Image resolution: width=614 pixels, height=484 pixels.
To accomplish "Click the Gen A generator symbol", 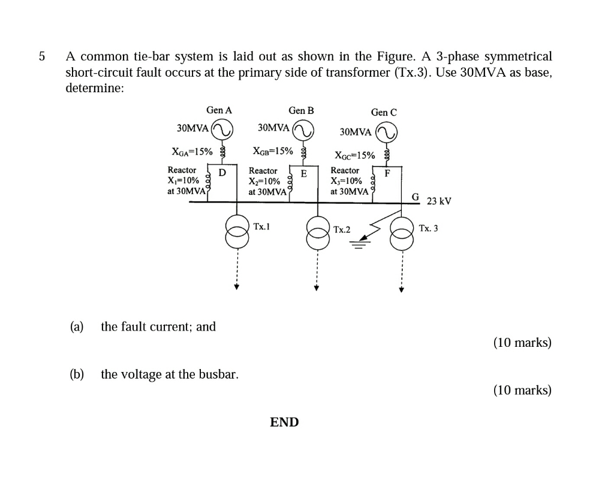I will pos(222,129).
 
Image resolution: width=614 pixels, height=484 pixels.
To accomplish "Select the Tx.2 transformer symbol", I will pos(317,232).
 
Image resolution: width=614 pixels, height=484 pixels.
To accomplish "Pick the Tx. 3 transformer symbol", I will pos(402,233).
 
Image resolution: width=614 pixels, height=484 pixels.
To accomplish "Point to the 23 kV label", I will pos(438,201).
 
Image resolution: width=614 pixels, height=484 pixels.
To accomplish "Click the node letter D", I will pos(222,173).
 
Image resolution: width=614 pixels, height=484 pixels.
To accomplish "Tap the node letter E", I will pos(303,174).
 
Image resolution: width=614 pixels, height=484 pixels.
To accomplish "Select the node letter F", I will pos(387,174).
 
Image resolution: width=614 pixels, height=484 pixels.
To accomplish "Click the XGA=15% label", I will pos(192,152).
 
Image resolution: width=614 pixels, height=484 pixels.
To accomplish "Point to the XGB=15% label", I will pos(273,151).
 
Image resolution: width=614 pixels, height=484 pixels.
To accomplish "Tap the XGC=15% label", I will pos(355,156).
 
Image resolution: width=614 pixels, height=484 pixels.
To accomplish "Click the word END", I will pos(284,422).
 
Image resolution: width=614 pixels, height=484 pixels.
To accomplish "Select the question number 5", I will pos(41,57).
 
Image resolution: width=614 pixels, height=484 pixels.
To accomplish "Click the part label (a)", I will pos(76,326).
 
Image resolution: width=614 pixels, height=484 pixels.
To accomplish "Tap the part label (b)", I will pos(76,374).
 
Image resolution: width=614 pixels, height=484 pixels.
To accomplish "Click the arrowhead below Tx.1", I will pos(237,287).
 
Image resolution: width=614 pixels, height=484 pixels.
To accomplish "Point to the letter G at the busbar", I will pos(415,197).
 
